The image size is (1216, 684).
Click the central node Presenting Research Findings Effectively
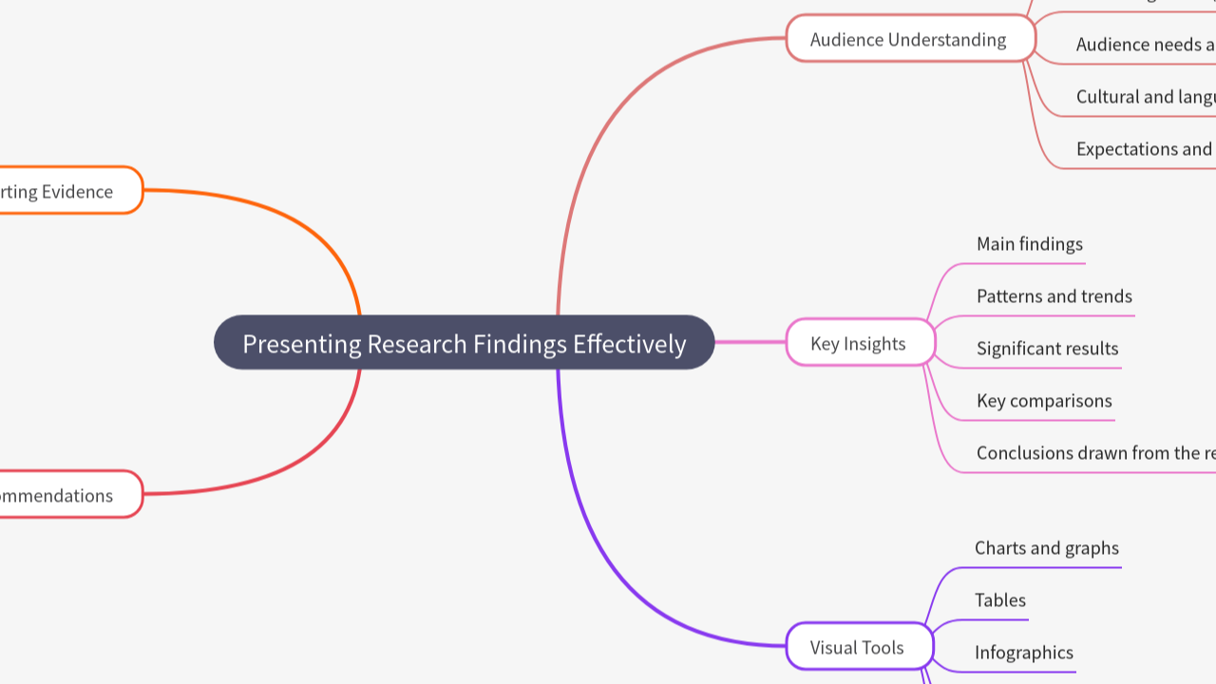coord(464,343)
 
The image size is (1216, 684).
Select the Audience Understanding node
coord(909,39)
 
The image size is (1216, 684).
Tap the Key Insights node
coord(859,343)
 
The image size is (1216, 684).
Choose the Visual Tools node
coord(858,647)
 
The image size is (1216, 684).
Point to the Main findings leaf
coord(1030,244)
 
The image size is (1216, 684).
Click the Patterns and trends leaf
coord(1054,296)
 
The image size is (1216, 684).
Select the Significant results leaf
coord(1048,349)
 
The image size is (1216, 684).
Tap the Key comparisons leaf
coord(1044,401)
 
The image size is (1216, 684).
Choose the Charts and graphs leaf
coord(1047,548)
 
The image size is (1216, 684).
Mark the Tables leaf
coord(1000,600)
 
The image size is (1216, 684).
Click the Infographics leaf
coord(1024,653)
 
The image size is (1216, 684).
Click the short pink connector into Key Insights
coord(750,342)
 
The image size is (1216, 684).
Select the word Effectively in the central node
coord(629,343)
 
